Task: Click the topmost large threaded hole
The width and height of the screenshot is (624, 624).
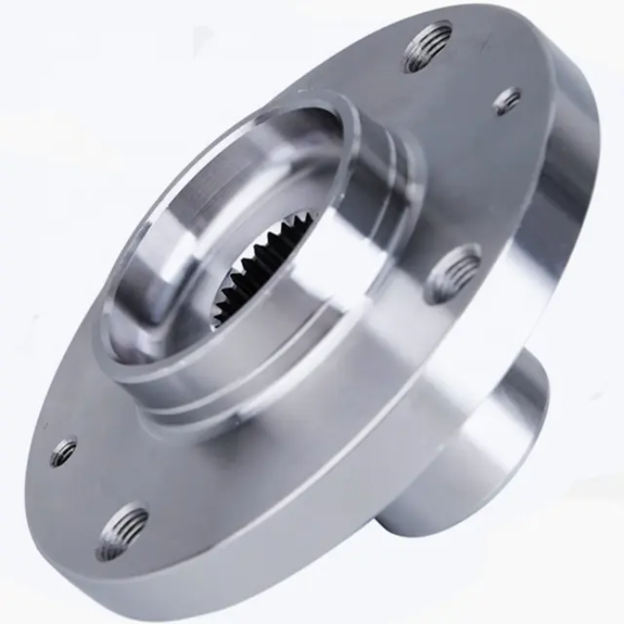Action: tap(427, 46)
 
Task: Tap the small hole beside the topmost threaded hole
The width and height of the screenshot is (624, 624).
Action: tap(507, 101)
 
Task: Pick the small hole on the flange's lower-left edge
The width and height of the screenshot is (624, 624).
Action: tap(63, 450)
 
